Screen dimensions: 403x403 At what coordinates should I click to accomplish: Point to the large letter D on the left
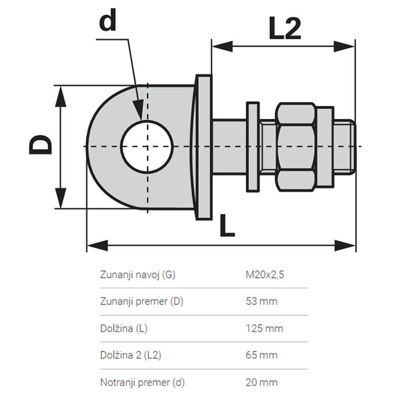pos(41,146)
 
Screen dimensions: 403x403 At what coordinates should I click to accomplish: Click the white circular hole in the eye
pos(147,146)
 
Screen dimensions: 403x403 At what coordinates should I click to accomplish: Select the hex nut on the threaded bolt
pos(295,146)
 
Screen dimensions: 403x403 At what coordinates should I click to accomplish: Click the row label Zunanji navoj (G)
pos(138,275)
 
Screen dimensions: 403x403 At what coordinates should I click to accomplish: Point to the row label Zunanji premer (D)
pos(142,301)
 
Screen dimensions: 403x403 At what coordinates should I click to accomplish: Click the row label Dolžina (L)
pos(123,328)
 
